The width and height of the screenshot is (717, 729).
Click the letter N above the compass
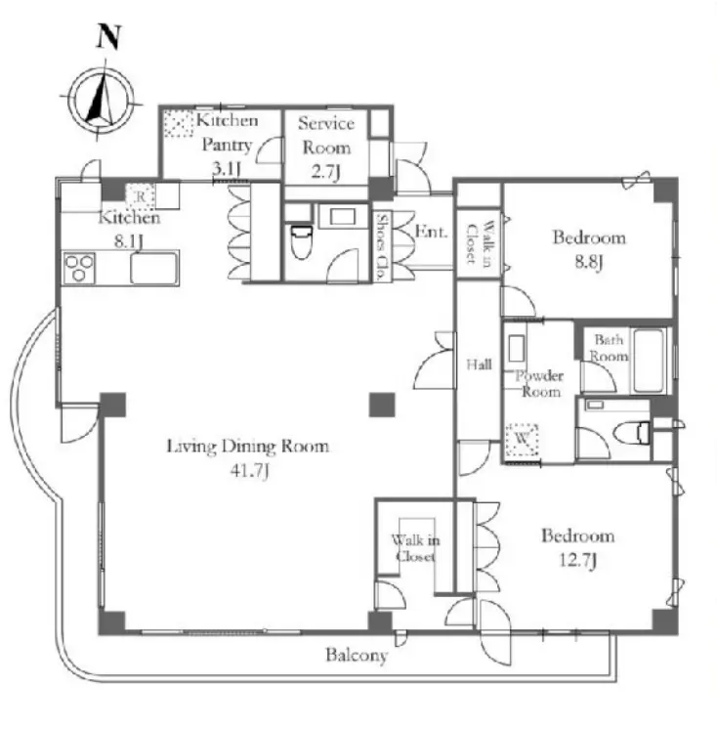109,36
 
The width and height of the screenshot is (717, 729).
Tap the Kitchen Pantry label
227,133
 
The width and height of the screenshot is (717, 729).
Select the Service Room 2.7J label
326,148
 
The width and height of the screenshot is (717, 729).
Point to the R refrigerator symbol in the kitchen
141,196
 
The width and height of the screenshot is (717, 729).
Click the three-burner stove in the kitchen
79,269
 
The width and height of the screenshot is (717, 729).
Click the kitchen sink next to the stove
154,269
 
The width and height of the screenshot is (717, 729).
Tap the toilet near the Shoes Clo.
301,241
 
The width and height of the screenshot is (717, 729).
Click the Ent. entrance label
431,231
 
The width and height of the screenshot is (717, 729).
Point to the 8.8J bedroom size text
588,263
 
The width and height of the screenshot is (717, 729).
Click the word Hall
479,364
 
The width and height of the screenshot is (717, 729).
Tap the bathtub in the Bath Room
650,361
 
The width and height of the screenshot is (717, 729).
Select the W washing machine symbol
522,439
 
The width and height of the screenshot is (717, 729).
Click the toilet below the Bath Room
631,432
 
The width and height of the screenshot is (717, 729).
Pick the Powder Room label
539,384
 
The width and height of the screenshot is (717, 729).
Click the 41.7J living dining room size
250,472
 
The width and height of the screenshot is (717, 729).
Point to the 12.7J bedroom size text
577,561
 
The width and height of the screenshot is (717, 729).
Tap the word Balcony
357,656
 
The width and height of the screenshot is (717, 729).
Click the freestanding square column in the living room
382,405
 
